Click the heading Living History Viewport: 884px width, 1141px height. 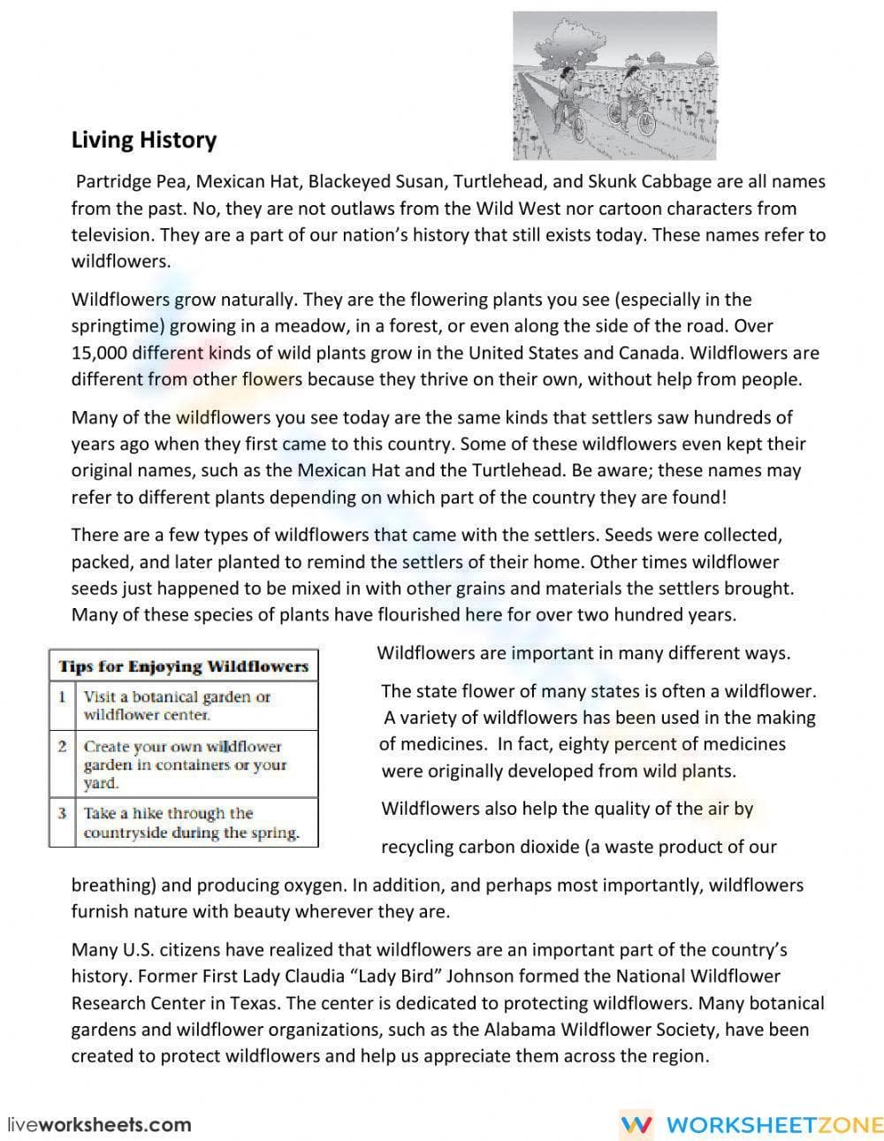point(143,140)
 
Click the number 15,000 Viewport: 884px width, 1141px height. point(99,353)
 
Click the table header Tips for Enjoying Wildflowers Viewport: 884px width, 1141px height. point(183,666)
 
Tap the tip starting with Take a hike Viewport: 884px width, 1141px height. point(191,823)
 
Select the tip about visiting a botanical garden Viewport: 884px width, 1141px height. point(177,705)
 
